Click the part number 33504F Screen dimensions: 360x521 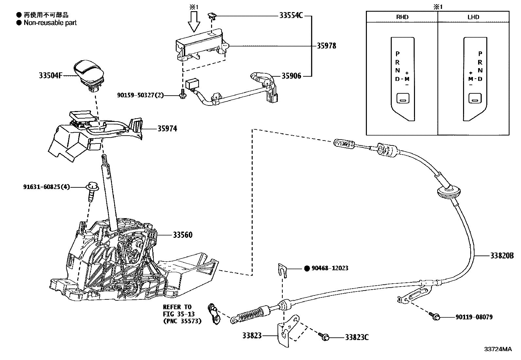tap(50, 76)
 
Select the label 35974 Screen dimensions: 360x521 tap(167, 129)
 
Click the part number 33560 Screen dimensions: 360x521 tap(183, 235)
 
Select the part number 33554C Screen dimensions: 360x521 tap(291, 15)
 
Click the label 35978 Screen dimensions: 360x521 tap(326, 46)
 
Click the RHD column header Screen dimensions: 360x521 tap(402, 17)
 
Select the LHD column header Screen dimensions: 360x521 tap(473, 17)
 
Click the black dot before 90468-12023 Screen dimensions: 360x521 tap(307, 268)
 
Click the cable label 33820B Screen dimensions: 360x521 tap(502, 256)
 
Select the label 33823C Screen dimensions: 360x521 tap(356, 337)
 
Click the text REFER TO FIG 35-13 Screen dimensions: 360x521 tap(177, 311)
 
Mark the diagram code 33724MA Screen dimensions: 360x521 tap(497, 349)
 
